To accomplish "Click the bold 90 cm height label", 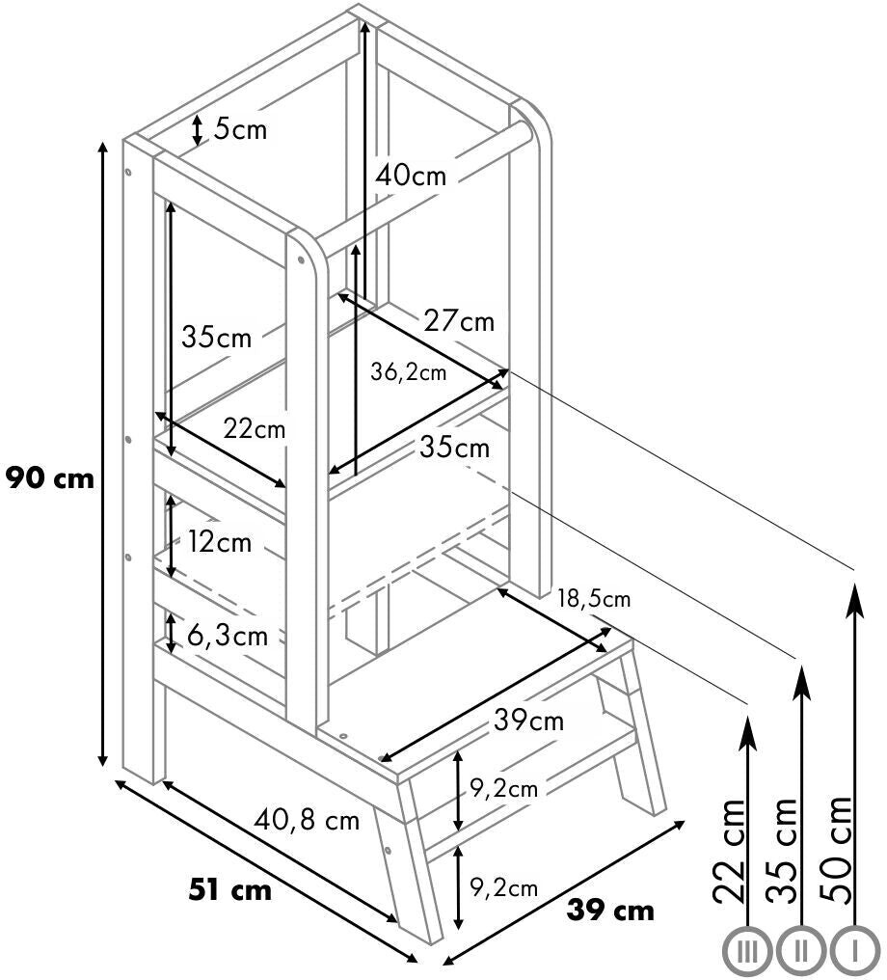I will (50, 477).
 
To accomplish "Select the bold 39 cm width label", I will (610, 910).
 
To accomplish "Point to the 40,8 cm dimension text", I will (308, 821).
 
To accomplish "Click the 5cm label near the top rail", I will (239, 128).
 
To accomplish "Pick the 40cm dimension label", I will (411, 176).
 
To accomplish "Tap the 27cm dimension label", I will (459, 321).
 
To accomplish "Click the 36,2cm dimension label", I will (408, 372).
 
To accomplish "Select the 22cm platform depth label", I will (255, 429).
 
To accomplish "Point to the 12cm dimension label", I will (219, 542).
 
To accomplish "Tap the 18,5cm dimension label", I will (593, 599).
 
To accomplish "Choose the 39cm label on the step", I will (528, 720).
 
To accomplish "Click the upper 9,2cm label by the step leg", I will (503, 789).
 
